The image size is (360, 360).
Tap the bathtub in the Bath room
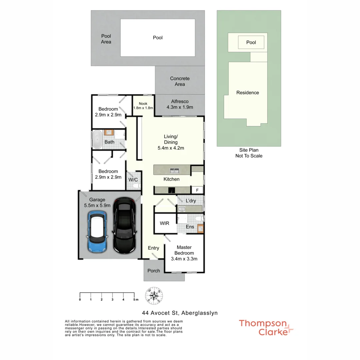(x=98, y=139)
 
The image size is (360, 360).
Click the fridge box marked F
(x=197, y=190)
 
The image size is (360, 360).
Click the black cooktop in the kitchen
(x=172, y=190)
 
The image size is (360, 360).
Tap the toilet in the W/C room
(x=135, y=185)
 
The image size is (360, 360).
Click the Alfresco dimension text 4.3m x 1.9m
(x=180, y=107)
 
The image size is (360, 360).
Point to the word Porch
(x=154, y=271)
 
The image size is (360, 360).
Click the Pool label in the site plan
(x=251, y=42)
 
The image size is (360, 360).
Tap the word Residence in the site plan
(x=247, y=93)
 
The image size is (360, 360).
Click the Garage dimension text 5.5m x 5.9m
(x=97, y=206)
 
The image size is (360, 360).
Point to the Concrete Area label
(x=180, y=81)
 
